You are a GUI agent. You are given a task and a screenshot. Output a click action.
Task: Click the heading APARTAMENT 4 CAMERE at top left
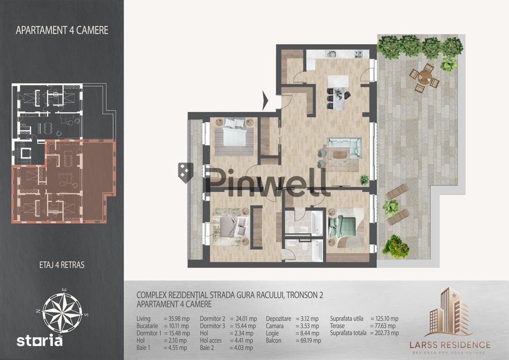coord(62,30)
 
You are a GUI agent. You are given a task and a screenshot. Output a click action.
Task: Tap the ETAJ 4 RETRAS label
coord(62,265)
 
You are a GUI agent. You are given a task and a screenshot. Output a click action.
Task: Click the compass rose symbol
coord(62,312)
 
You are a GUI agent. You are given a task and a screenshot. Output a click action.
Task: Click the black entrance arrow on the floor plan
coord(265,100)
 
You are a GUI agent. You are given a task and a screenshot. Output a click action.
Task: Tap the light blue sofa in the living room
coord(346,147)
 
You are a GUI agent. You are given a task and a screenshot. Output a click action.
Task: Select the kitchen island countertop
coord(338,93)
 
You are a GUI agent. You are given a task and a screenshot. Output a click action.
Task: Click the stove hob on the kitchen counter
coord(358,54)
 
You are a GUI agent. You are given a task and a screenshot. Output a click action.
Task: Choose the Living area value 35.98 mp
coord(176,319)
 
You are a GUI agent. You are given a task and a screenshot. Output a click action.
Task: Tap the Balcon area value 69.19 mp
coord(308,340)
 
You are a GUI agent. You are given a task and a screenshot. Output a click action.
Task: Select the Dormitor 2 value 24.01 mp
coord(244,319)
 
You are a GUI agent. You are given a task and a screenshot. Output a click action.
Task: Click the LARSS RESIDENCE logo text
coord(450,345)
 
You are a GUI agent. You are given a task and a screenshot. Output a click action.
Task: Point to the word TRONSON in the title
coord(298,295)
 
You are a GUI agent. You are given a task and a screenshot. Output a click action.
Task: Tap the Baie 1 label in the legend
coord(143,348)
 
